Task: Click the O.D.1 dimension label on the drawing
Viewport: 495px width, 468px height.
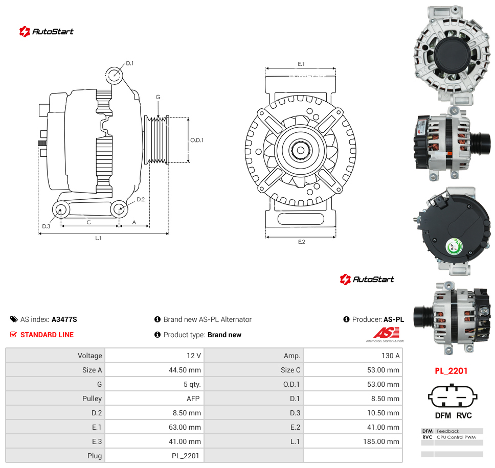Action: [197, 141]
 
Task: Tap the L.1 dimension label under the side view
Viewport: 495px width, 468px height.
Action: [98, 238]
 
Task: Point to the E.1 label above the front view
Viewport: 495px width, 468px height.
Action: [301, 64]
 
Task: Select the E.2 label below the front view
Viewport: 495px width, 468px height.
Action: [302, 242]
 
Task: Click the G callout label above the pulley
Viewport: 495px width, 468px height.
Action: [158, 97]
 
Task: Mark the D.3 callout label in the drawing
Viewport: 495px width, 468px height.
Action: [46, 226]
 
